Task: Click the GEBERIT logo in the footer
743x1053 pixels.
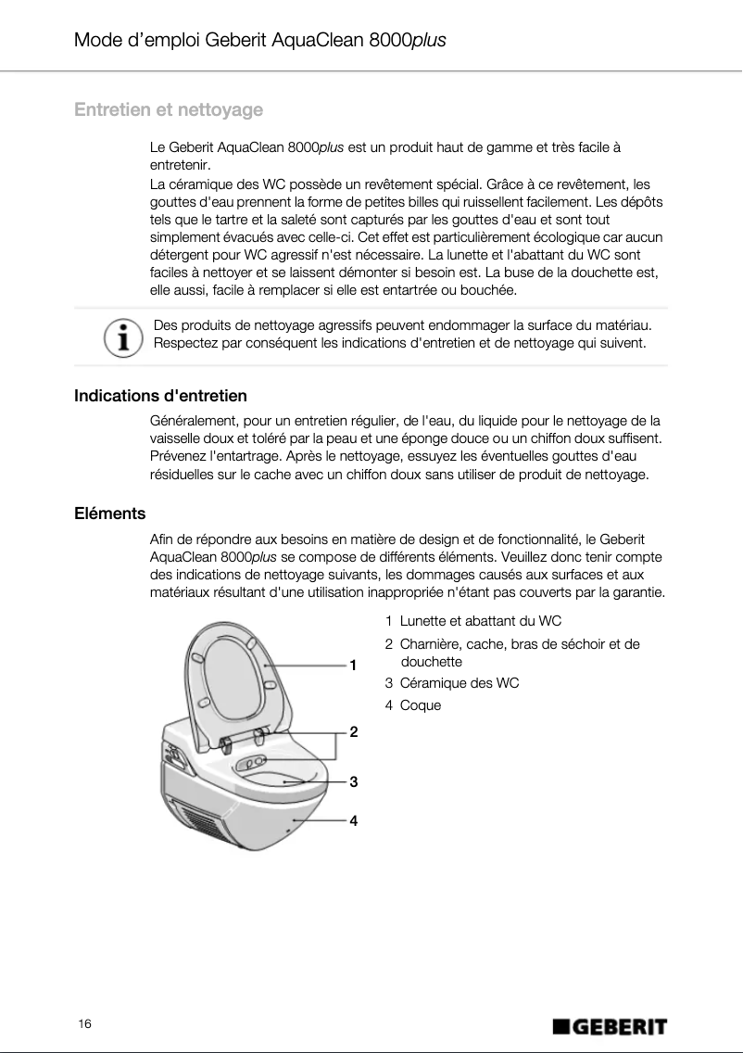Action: pos(610,1026)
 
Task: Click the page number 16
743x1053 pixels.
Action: pos(84,1023)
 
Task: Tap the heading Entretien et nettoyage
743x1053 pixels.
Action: pos(169,110)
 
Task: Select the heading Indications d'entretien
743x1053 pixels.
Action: pos(160,396)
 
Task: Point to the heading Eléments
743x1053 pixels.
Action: pos(109,514)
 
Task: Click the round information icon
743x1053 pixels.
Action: pos(118,336)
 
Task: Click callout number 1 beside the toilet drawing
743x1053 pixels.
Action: pos(353,665)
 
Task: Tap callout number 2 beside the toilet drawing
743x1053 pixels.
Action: pos(353,731)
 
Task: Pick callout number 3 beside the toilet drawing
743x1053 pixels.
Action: pos(353,781)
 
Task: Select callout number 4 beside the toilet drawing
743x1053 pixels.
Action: pos(353,820)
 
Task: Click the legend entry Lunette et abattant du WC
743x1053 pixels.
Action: pos(480,620)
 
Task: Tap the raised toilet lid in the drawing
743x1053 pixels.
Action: pos(236,677)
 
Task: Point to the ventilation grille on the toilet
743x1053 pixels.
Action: pos(198,820)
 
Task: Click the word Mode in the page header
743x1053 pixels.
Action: pos(98,41)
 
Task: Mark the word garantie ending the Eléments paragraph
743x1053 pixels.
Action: pos(636,592)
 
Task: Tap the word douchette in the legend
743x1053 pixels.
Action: pos(431,662)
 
